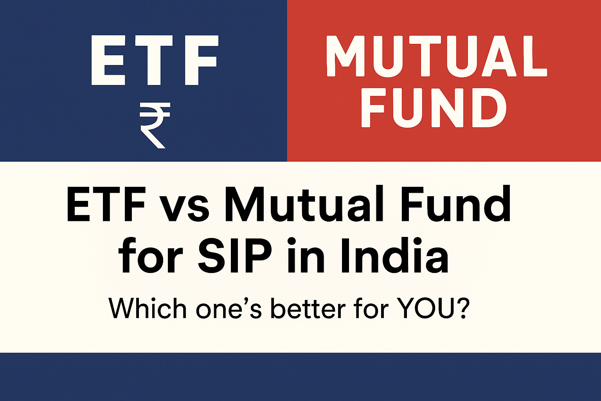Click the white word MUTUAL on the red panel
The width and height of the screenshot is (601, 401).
point(436,56)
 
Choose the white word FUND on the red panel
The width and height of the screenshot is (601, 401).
point(434,107)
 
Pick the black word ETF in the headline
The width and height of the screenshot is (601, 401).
point(105,206)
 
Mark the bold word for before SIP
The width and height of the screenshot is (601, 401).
point(151,256)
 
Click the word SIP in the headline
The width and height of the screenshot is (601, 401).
point(235,256)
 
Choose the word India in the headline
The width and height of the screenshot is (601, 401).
point(393,256)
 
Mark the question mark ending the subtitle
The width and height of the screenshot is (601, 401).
point(462,309)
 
